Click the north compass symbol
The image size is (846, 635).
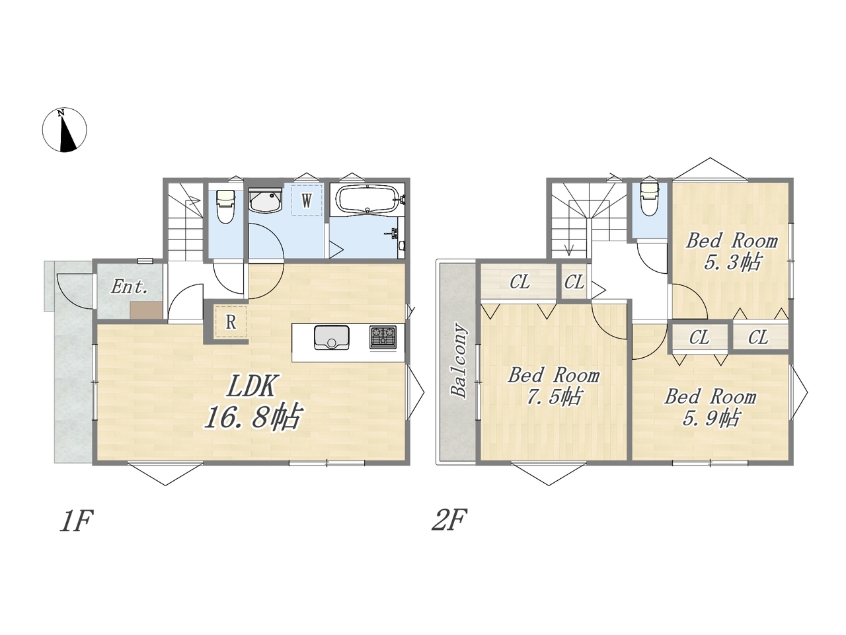tap(64, 130)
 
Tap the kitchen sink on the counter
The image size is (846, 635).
tap(332, 337)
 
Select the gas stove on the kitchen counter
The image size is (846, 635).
tap(383, 337)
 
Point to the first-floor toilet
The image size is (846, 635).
tap(225, 206)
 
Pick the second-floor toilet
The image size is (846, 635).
tap(649, 198)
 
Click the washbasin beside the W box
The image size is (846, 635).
tap(265, 200)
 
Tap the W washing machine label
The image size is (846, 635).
tap(307, 200)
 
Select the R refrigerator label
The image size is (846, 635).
tap(231, 321)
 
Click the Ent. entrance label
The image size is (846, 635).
tap(129, 287)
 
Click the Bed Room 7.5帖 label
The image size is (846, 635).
tap(553, 386)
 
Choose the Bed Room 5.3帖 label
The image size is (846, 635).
tap(732, 252)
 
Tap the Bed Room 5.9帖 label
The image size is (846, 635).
tap(710, 407)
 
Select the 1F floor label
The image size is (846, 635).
tap(76, 522)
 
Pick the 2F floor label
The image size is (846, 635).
tap(449, 520)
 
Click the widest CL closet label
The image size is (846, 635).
tap(519, 282)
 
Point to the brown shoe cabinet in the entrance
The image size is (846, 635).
tap(146, 310)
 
